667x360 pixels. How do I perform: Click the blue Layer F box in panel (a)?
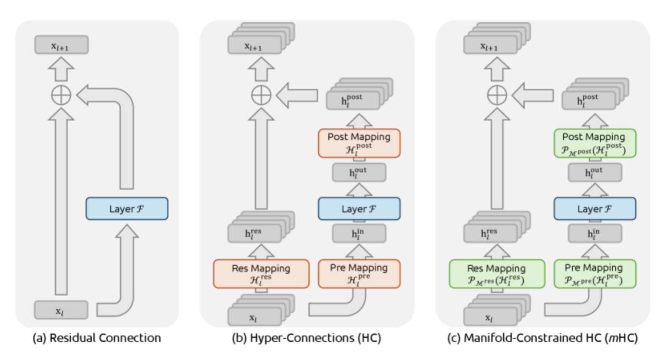pos(127,209)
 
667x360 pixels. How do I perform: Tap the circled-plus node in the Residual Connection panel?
pos(61,95)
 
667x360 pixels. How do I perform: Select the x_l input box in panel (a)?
pos(61,310)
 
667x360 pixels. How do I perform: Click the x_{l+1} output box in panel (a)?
pos(61,45)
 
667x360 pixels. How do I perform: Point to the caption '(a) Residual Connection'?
pos(96,338)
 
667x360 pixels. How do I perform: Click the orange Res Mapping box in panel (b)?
pos(261,274)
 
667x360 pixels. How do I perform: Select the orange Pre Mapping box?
pos(359,274)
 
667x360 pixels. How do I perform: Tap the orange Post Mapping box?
pos(359,143)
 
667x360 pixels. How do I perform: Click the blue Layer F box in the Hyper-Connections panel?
pos(359,209)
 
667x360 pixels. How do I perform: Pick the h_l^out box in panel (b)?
pos(359,173)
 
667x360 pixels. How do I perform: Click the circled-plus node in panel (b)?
pos(261,95)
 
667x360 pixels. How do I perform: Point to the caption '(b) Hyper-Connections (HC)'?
pos(306,338)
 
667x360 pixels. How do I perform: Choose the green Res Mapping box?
pos(497,274)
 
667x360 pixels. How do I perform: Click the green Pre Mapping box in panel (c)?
pos(594,274)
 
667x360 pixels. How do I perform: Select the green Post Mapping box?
pos(594,143)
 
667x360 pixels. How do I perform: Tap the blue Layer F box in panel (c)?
pos(594,209)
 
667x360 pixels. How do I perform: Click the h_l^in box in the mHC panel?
pos(594,234)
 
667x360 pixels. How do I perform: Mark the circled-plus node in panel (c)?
pos(497,95)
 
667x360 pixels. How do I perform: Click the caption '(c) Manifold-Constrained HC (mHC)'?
pos(542,338)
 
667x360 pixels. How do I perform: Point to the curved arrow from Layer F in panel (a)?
pos(126,139)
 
